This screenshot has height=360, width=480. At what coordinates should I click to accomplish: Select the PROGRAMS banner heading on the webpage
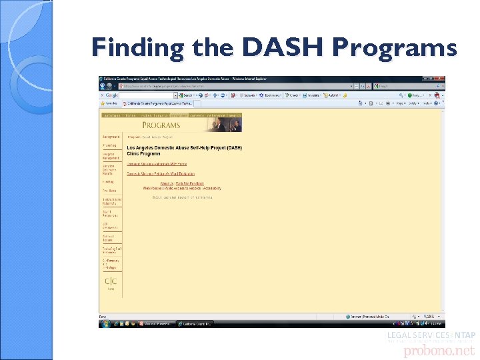click(x=161, y=125)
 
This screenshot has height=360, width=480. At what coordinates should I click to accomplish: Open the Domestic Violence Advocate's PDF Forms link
click(x=157, y=163)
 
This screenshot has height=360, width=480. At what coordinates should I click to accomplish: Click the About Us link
click(x=167, y=183)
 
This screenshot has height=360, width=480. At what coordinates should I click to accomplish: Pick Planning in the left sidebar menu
click(x=109, y=145)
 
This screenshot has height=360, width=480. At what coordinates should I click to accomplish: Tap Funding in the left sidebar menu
click(x=108, y=181)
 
